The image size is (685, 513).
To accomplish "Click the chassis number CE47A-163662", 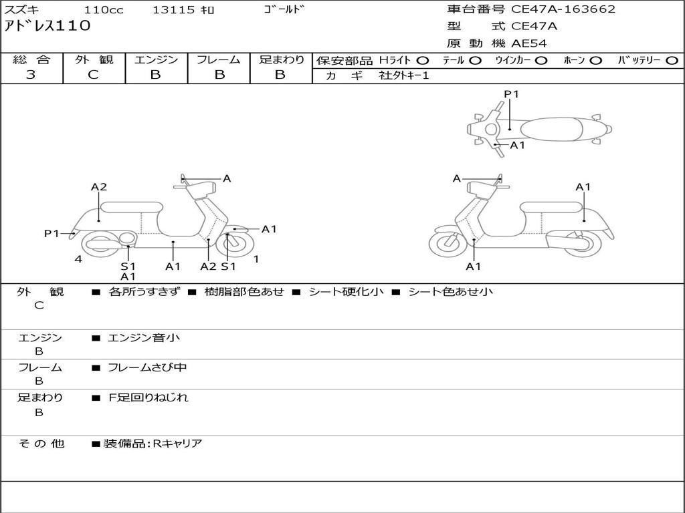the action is point(563,9).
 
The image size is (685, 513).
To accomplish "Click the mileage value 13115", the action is point(173,10).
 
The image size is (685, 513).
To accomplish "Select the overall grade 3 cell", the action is point(31,75).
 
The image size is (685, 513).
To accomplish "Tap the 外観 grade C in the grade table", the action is point(94,75).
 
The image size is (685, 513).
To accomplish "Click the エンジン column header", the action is point(156,59).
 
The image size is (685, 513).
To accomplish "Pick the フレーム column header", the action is point(218,59).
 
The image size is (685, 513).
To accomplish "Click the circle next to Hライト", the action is point(423,60).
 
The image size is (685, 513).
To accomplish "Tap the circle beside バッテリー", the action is point(672,60).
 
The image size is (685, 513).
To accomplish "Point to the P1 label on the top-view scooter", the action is point(512,94).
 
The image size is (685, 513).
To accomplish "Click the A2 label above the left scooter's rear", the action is point(99,187).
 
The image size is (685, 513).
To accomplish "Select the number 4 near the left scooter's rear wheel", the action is point(78,259).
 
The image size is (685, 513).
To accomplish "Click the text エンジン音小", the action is point(144,338).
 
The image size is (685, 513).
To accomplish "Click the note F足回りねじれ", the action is point(149,397).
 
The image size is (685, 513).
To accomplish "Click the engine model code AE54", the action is point(529,43).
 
